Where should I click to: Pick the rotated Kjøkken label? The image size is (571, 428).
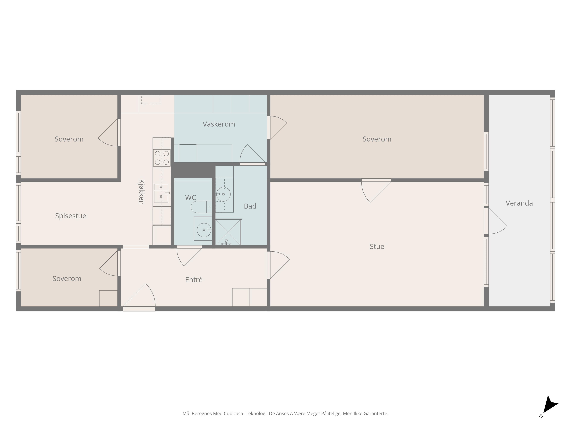pos(141,192)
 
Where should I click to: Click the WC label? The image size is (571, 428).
pos(190,198)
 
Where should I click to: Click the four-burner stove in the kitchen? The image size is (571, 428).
pos(162,158)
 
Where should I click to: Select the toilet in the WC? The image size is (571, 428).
pos(201,207)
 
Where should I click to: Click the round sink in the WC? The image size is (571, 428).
pos(204,230)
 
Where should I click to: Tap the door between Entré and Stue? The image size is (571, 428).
pos(278,265)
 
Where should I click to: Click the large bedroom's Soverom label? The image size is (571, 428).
pos(377,139)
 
